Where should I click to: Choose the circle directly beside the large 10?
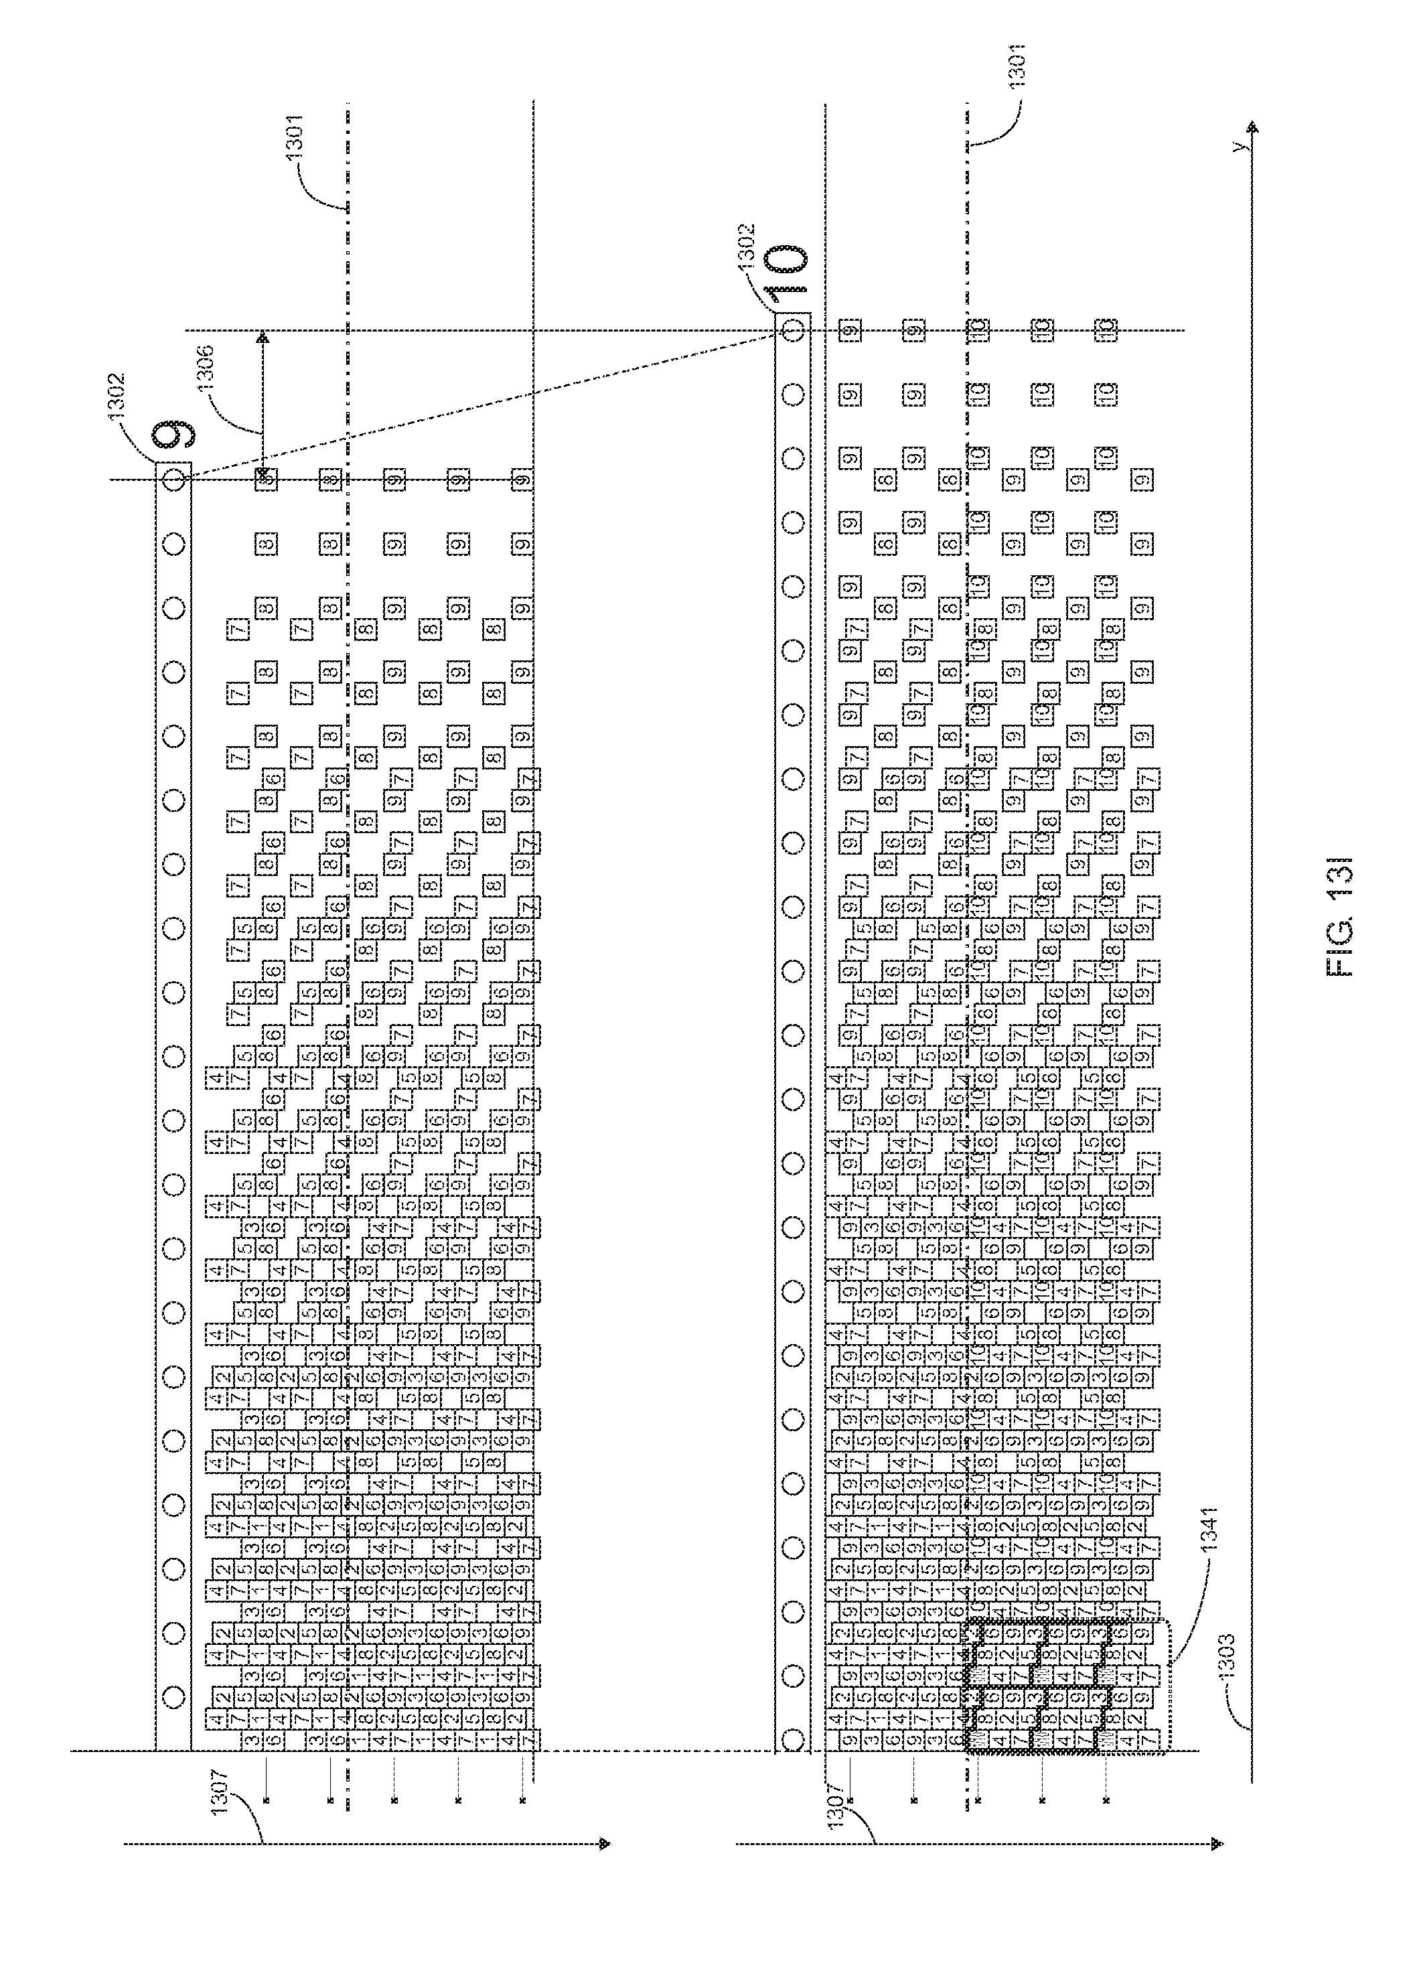[792, 330]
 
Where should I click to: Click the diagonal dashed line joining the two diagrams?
[486, 404]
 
